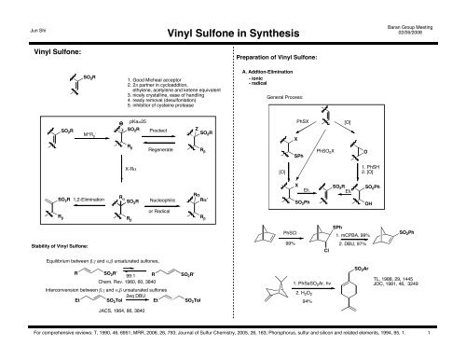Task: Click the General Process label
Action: [x=285, y=96]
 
